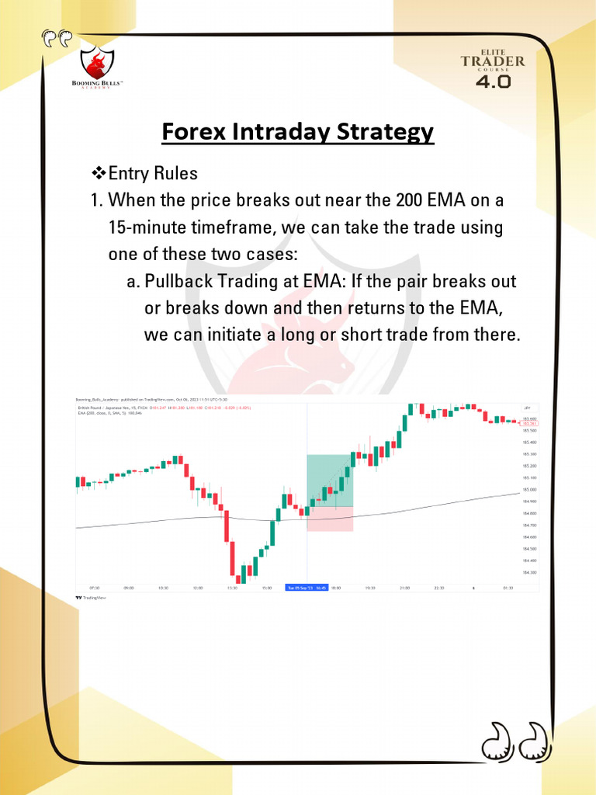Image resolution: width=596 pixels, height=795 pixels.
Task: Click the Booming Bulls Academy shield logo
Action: point(98,62)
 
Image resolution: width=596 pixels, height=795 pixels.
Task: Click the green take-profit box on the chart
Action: point(331,480)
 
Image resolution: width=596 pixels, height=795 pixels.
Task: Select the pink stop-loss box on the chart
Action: point(331,519)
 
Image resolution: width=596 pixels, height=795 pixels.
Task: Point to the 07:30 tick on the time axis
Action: point(95,588)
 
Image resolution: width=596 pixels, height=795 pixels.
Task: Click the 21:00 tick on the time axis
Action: point(404,588)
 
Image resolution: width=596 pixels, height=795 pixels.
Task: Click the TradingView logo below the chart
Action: point(90,598)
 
